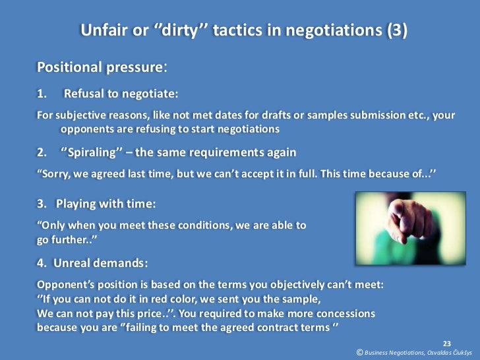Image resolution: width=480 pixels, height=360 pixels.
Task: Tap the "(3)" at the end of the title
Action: [393, 30]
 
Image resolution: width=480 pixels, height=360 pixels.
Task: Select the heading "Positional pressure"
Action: [99, 68]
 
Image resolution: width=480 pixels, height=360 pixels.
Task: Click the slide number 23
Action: [446, 343]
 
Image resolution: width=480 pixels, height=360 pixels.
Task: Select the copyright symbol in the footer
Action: [359, 353]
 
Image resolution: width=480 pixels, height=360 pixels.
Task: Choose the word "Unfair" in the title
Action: [104, 30]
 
